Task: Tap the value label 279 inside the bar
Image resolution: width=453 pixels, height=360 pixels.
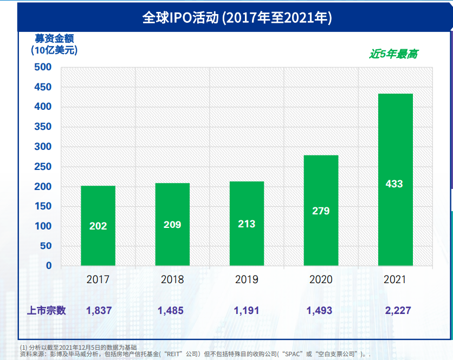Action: tap(321, 211)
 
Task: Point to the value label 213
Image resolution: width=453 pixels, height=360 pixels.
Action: tap(247, 224)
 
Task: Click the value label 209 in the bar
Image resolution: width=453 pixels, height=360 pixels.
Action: tap(172, 224)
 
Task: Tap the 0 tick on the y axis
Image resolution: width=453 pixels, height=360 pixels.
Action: tap(48, 266)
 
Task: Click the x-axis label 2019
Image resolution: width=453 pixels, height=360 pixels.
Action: tap(247, 280)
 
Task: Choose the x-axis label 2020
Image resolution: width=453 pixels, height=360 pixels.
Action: tap(321, 280)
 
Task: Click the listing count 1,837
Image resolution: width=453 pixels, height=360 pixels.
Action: tap(99, 311)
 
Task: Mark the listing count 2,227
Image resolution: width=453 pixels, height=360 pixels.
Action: tap(395, 311)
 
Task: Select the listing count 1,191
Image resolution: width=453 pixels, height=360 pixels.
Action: tap(247, 311)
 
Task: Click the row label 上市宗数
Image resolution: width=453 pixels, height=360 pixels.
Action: tap(47, 311)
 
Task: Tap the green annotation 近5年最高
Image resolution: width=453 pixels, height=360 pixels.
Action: tap(393, 54)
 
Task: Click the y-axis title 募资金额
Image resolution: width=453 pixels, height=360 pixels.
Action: tap(54, 38)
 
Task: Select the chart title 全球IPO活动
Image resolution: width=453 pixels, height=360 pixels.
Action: tap(180, 17)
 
